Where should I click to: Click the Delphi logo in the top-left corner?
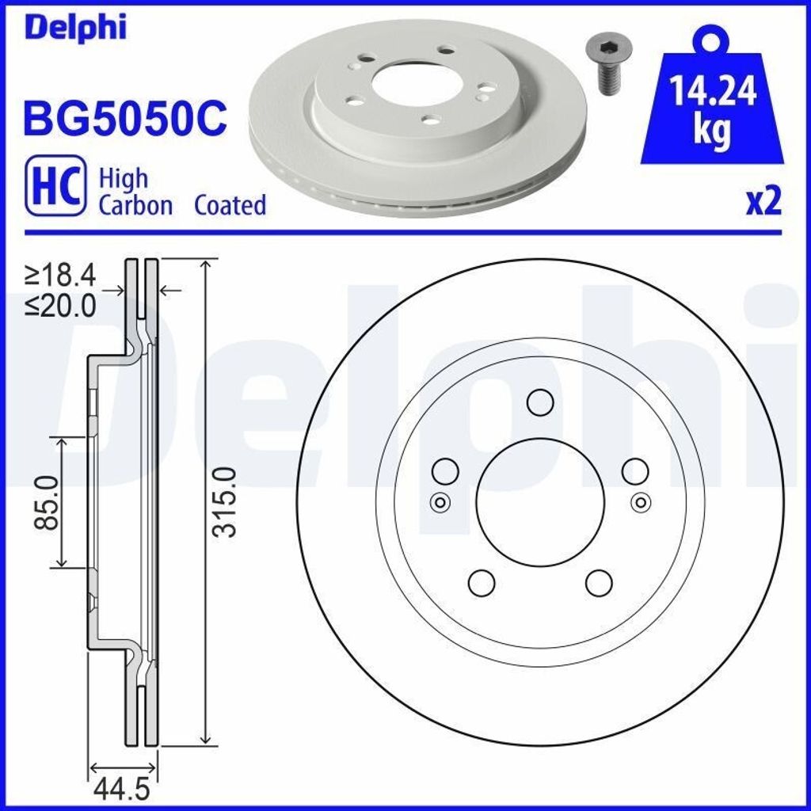(x=75, y=27)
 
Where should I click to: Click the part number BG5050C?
(x=126, y=118)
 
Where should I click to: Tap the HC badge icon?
(x=55, y=185)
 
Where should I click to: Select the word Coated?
(x=230, y=206)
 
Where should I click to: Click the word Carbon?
(x=135, y=206)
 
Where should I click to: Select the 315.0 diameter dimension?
(x=227, y=502)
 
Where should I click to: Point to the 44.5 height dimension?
(x=121, y=790)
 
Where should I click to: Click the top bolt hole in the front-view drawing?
(x=541, y=402)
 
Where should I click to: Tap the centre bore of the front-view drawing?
(x=541, y=501)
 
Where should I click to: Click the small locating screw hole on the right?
(x=642, y=501)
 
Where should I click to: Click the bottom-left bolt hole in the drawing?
(x=482, y=582)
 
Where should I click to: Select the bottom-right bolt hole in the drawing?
(x=600, y=582)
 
